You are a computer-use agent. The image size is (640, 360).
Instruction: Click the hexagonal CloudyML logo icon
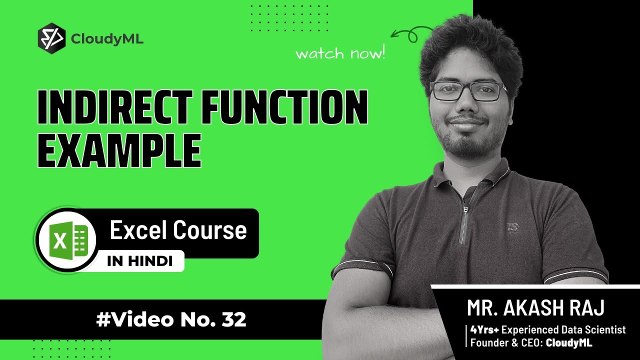coord(51,39)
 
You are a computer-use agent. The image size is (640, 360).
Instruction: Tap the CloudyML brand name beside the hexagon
coord(107,39)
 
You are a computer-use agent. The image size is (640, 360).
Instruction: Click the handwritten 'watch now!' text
coord(340,52)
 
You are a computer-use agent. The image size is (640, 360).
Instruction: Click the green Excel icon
coord(68,239)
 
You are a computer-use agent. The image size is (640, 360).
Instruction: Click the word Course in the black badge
coord(210,230)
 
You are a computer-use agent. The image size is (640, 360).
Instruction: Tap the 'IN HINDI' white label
coord(140,261)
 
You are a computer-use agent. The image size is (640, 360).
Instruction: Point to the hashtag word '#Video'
coord(135,319)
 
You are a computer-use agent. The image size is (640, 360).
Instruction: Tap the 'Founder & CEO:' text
coord(506,342)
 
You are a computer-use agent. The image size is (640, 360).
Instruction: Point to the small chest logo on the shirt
coord(513,227)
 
